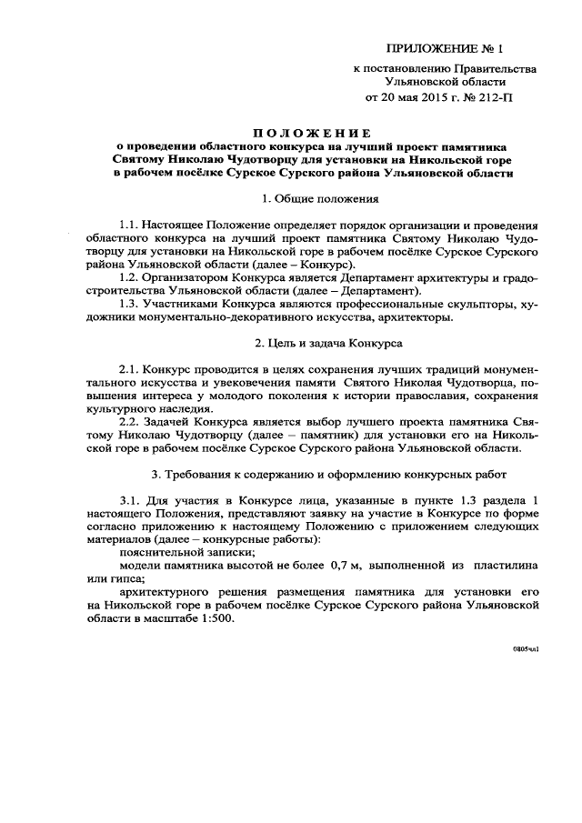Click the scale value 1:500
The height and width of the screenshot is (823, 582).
[215, 618]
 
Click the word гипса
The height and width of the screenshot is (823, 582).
[136, 579]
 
